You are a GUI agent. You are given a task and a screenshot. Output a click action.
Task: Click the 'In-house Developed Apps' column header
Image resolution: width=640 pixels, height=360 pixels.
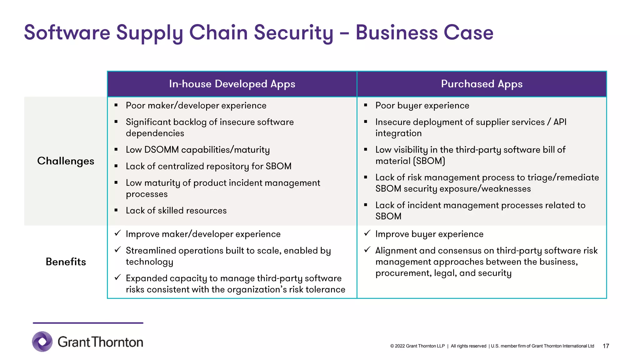coord(232,84)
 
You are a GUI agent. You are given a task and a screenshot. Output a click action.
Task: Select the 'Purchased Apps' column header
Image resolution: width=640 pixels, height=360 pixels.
coord(482,84)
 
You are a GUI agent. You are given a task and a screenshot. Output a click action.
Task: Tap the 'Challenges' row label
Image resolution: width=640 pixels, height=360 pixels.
coord(66,161)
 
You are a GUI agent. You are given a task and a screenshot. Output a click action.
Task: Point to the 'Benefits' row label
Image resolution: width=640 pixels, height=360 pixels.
coord(66,262)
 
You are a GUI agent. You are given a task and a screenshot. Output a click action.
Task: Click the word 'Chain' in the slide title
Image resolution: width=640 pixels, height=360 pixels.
coord(218,32)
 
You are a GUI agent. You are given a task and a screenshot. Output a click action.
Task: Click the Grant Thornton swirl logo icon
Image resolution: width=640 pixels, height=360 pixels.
coord(42,342)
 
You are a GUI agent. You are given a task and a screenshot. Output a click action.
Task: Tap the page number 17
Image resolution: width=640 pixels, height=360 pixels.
coord(606,346)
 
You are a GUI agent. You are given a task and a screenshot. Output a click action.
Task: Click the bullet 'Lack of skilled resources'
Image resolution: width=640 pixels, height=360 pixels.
coord(176,211)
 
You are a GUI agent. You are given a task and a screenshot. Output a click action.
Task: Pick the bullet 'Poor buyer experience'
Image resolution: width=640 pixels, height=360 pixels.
coord(422,106)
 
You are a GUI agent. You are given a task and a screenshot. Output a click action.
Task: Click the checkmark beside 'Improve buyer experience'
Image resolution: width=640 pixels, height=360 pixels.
coord(367,233)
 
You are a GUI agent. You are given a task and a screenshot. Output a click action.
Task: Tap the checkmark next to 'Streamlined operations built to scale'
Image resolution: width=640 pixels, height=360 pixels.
coord(118,250)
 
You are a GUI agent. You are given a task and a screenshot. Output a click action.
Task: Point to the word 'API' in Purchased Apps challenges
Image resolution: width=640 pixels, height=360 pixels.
coord(560,122)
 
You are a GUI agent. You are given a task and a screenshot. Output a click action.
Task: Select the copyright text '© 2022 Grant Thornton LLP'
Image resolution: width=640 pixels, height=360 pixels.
coord(417,346)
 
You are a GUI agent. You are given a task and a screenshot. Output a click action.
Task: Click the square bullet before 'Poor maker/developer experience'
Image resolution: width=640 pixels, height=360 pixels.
coord(116,105)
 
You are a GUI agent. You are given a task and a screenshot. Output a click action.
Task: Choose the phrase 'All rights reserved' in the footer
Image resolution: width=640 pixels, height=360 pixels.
coord(468,346)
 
